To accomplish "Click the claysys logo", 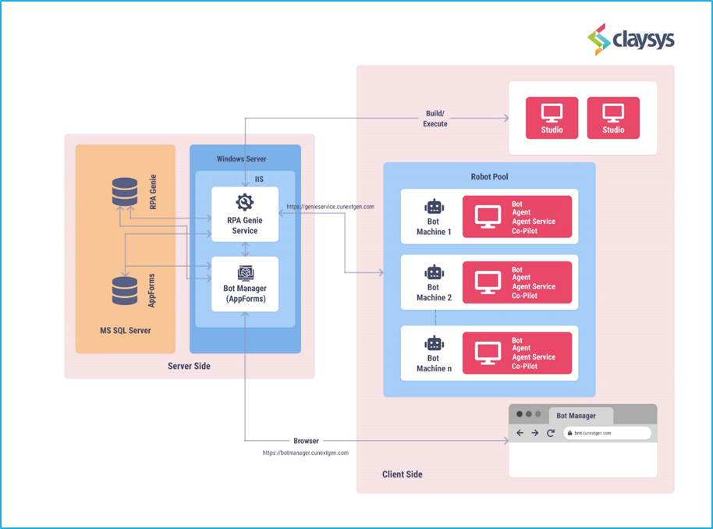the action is pos(630,39).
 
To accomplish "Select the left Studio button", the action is pos(552,118).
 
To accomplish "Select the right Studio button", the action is pos(613,118).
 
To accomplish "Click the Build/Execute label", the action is pos(435,119).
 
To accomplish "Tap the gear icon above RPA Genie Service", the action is pos(245,202).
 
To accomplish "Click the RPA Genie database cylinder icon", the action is pos(125,191).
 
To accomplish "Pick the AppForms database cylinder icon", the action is pos(125,291).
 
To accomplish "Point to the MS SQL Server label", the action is pos(126,331).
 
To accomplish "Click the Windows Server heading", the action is pos(241,158).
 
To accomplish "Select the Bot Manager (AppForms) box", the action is pos(245,284).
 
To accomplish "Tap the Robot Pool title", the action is pos(489,176).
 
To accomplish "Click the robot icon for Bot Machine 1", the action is pos(434,207).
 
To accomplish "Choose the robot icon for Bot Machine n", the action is pos(434,343).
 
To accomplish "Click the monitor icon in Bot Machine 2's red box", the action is pos(488,282).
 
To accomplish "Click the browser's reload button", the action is pos(551,433).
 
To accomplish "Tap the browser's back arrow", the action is pos(520,433).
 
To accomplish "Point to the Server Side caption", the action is pos(189,366).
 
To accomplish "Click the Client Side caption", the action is pos(402,474).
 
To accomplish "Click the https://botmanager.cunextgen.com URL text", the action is pos(306,453).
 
